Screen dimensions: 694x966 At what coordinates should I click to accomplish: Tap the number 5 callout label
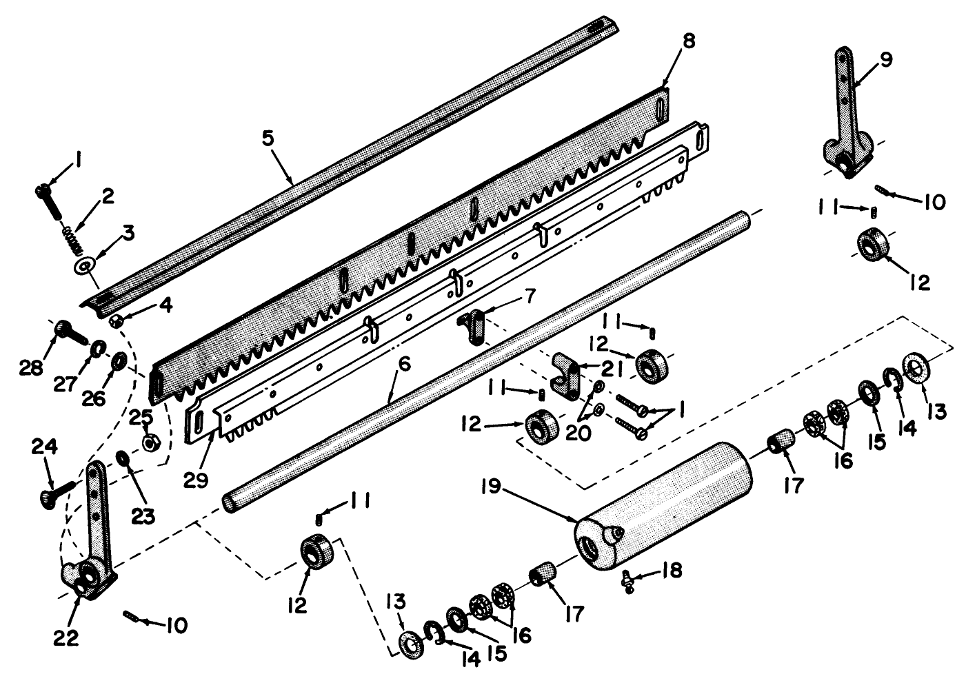coord(268,137)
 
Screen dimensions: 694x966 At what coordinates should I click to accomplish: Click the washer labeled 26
coord(119,360)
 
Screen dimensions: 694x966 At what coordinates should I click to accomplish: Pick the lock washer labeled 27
coord(98,345)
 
